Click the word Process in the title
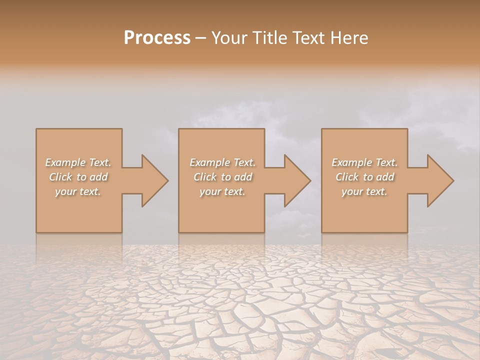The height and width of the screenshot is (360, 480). tap(157, 38)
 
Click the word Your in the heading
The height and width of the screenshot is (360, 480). tap(229, 38)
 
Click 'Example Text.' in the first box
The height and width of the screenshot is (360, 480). tap(78, 162)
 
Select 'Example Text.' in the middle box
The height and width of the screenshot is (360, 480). tap(222, 162)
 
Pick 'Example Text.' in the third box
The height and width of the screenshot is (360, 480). tap(364, 162)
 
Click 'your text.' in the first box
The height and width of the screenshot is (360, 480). tap(78, 191)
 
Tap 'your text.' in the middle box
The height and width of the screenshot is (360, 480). tap(222, 191)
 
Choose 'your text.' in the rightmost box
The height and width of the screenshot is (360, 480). tap(364, 191)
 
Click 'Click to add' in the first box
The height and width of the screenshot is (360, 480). tap(78, 177)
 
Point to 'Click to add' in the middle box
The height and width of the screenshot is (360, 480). tap(222, 177)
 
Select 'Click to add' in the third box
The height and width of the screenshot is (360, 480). tap(364, 177)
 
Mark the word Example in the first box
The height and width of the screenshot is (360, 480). tap(65, 162)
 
